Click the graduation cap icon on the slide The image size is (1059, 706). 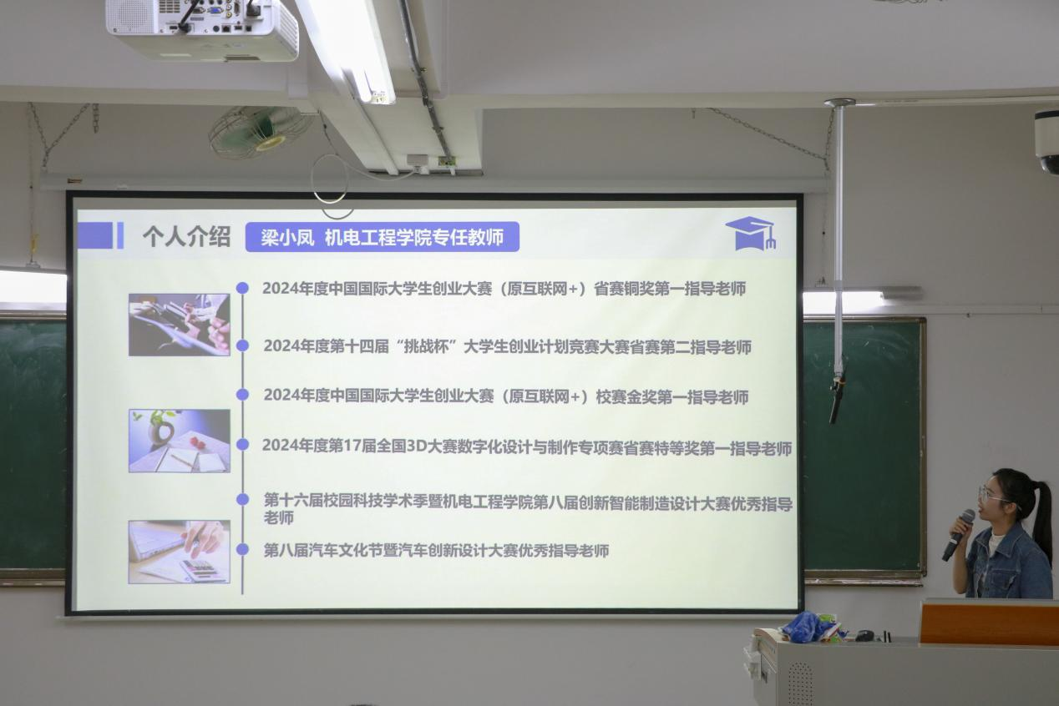click(x=750, y=234)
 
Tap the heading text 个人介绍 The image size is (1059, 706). click(x=187, y=237)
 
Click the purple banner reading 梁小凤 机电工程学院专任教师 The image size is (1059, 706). click(x=382, y=237)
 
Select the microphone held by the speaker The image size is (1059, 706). click(x=958, y=535)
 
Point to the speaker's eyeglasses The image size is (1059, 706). click(x=993, y=496)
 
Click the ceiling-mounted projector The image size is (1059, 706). click(x=202, y=29)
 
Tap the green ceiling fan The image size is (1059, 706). click(x=259, y=131)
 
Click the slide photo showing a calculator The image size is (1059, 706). click(x=180, y=552)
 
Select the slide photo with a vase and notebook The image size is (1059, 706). click(x=180, y=441)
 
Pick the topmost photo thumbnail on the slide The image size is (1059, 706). click(x=180, y=325)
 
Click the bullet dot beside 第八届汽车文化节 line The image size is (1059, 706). click(x=242, y=549)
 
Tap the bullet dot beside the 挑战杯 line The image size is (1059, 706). click(x=242, y=345)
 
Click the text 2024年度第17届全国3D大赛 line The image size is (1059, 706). click(x=527, y=446)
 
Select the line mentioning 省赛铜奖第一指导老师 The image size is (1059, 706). click(x=504, y=289)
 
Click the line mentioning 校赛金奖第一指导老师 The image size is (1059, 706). click(x=506, y=396)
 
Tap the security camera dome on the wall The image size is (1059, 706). click(x=1047, y=142)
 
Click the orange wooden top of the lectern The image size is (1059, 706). click(x=990, y=623)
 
